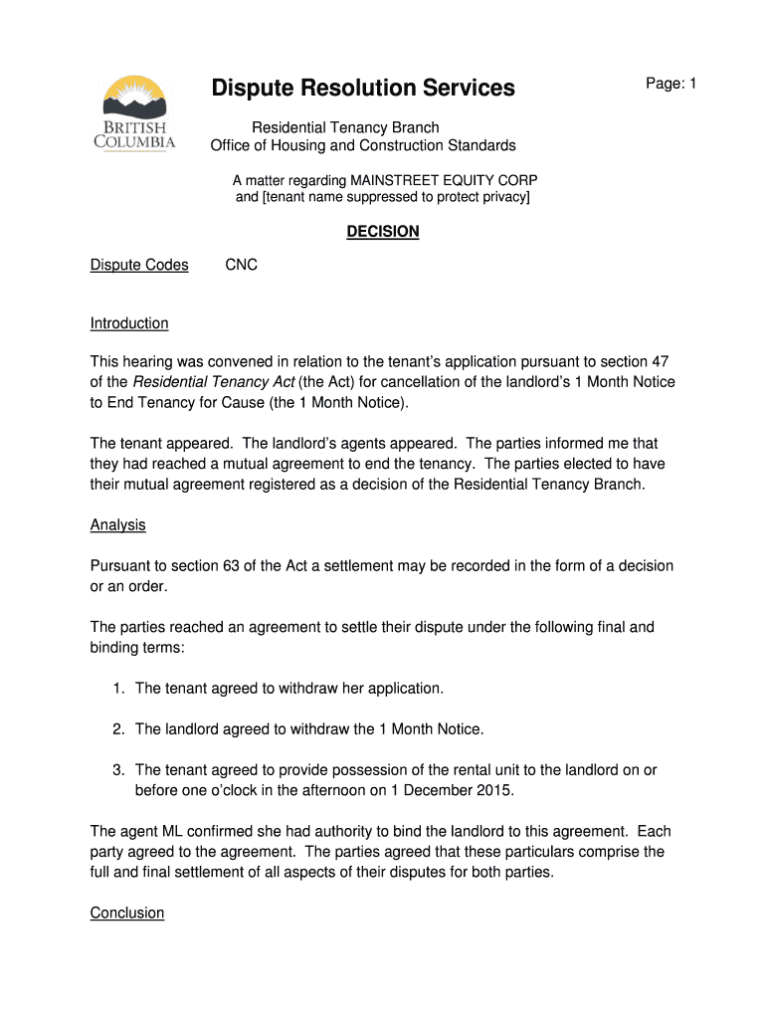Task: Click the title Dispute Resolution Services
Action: (x=363, y=89)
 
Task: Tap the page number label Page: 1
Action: (x=671, y=85)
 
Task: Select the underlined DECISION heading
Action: (x=383, y=232)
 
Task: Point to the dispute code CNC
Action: (x=241, y=265)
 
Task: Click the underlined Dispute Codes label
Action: (x=139, y=265)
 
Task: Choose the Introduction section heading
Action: (x=129, y=323)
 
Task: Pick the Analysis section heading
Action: (x=118, y=524)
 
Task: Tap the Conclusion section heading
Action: (x=127, y=913)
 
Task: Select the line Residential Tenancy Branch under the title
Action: (x=345, y=127)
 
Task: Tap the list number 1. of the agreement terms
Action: (x=118, y=689)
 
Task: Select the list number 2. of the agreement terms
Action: (x=118, y=729)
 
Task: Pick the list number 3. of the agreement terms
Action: (x=118, y=770)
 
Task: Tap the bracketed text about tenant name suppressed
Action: (x=383, y=197)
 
